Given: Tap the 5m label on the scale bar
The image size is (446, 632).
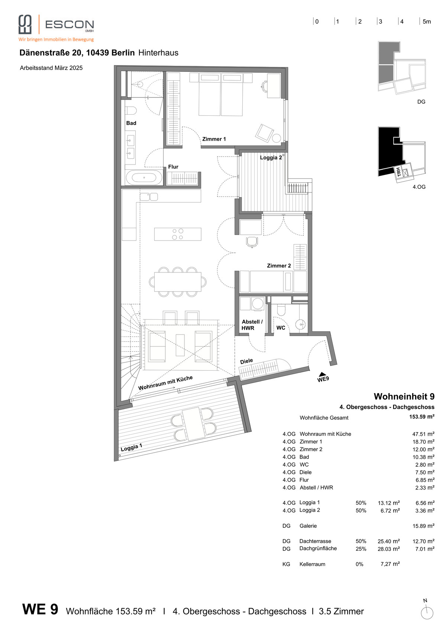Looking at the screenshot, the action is pyautogui.click(x=427, y=22).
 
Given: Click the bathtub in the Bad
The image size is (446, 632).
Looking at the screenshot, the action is pyautogui.click(x=144, y=178).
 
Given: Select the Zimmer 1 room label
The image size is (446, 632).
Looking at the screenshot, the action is pyautogui.click(x=214, y=139).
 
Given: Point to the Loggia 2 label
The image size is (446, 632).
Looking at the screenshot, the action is pyautogui.click(x=271, y=158).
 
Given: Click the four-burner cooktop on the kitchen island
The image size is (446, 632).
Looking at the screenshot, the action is pyautogui.click(x=178, y=234).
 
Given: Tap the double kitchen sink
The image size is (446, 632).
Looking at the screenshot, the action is pyautogui.click(x=149, y=197).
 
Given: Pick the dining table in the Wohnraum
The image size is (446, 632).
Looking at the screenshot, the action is pyautogui.click(x=178, y=282).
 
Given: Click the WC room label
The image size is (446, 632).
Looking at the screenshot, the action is pyautogui.click(x=281, y=328).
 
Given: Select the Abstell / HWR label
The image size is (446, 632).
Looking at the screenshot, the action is pyautogui.click(x=252, y=325).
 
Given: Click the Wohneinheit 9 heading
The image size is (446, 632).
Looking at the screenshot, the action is pyautogui.click(x=404, y=396).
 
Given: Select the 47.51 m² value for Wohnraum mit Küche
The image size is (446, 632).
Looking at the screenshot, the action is pyautogui.click(x=423, y=434).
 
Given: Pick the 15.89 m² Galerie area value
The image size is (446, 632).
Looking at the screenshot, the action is pyautogui.click(x=423, y=526).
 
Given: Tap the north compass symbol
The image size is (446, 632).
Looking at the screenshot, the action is pyautogui.click(x=427, y=613).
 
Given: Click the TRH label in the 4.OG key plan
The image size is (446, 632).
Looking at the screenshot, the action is pyautogui.click(x=399, y=172).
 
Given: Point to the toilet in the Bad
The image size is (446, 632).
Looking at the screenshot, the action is pyautogui.click(x=131, y=111).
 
